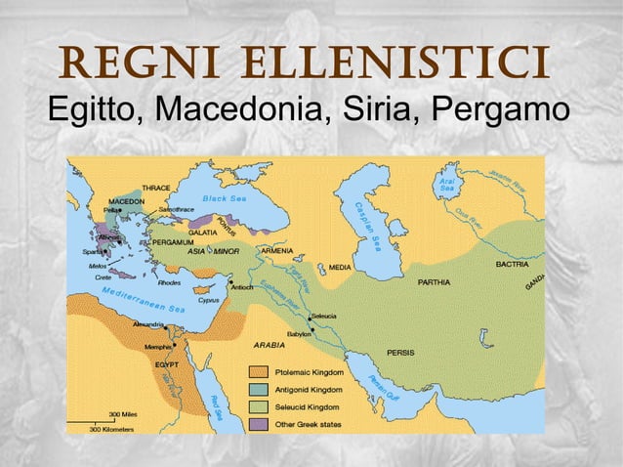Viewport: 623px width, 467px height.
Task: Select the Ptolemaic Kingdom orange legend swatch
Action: click(x=258, y=372)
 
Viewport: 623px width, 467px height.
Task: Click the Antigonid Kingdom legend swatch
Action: click(x=258, y=390)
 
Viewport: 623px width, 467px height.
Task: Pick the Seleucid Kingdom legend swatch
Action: click(x=258, y=406)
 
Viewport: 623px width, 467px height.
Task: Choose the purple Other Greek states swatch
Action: click(x=258, y=424)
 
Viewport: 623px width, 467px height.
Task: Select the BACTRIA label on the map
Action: click(x=513, y=264)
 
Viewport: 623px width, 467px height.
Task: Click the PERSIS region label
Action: click(x=400, y=352)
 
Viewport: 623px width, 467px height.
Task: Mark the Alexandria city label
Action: click(x=147, y=322)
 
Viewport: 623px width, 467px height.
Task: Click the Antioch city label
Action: click(x=244, y=288)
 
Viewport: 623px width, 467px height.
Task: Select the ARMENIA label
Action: click(x=278, y=250)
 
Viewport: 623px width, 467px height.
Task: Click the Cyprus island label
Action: click(x=209, y=300)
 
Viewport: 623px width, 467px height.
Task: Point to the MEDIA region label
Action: click(x=340, y=267)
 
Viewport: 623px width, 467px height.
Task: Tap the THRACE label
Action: click(x=156, y=187)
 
